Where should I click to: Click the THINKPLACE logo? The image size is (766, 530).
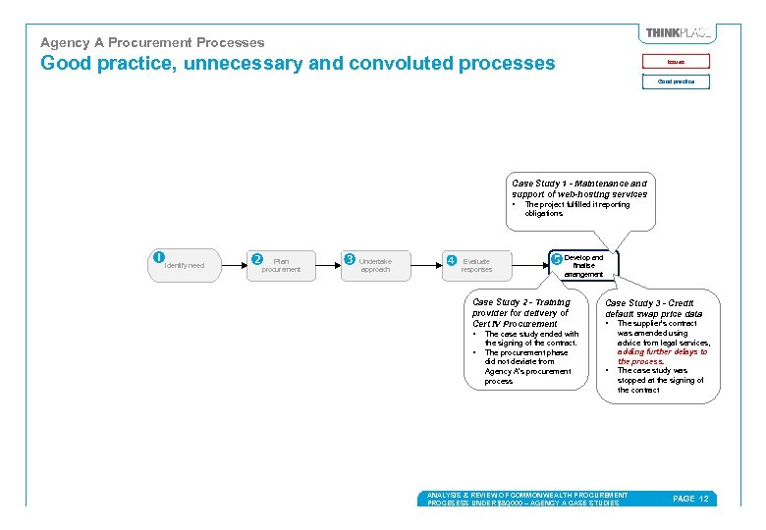[x=678, y=33]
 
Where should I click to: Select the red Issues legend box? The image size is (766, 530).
[x=676, y=61]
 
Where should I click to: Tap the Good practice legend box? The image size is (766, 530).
[x=676, y=81]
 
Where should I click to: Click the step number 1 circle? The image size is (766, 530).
[x=158, y=257]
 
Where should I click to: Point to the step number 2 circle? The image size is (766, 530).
[x=257, y=259]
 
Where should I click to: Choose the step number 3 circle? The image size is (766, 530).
[x=350, y=259]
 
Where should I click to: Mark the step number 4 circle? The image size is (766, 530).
[x=451, y=260]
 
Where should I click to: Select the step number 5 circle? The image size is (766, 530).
[x=557, y=260]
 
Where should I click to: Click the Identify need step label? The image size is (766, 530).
[x=185, y=265]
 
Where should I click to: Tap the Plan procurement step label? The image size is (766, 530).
[x=282, y=265]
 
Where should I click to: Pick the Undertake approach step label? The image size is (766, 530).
[x=375, y=265]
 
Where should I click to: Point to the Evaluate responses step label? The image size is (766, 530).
[x=476, y=265]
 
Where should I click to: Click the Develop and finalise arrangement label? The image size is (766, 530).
[x=584, y=266]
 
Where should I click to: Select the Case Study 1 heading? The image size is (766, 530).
[x=579, y=188]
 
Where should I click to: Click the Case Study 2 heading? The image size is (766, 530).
[x=520, y=313]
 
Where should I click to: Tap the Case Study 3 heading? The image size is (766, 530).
[x=654, y=308]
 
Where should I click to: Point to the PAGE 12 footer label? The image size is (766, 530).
[x=689, y=499]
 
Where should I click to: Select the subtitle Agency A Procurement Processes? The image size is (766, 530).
[x=152, y=42]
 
